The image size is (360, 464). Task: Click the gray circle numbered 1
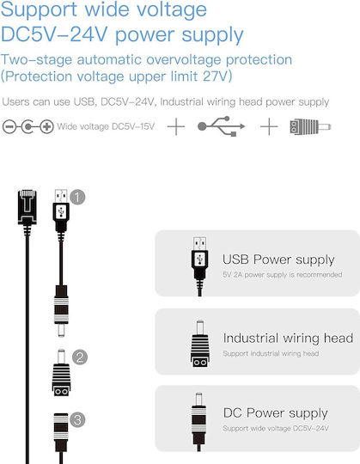point(77,198)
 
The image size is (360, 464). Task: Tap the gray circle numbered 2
point(80,357)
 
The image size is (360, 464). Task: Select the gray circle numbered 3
point(77,419)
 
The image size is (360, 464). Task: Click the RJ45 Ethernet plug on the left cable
point(27,207)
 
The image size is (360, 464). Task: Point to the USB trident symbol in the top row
point(222,126)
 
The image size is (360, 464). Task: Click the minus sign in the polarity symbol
point(9,127)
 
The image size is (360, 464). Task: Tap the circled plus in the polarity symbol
point(46,127)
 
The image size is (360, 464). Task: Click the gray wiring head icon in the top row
point(310,127)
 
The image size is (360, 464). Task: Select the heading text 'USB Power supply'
point(278,259)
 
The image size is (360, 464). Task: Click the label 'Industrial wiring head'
point(288,338)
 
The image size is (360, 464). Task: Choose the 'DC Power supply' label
point(276,413)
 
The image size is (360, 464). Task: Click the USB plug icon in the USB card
point(199,266)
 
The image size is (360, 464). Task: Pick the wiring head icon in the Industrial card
point(200,344)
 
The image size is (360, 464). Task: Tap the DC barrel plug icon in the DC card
point(198,422)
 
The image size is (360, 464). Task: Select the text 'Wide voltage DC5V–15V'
point(106,126)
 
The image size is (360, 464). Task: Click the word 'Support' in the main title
point(39,10)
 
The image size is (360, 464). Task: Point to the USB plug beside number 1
point(61,211)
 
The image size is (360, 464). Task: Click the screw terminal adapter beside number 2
point(61,373)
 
